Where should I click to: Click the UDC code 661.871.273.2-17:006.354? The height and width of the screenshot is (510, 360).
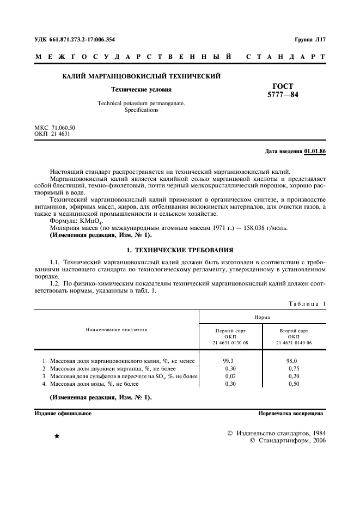tap(83, 40)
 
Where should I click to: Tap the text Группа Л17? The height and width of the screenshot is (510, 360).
tap(310, 40)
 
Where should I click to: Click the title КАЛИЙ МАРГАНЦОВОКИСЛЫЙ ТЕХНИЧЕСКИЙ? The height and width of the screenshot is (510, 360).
tap(142, 76)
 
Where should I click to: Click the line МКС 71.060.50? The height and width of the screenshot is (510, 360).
tap(55, 127)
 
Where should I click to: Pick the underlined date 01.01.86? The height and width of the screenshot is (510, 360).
tap(315, 151)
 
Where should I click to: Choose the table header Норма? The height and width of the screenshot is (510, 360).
tap(262, 316)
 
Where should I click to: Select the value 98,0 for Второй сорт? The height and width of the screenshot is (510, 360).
tap(292, 361)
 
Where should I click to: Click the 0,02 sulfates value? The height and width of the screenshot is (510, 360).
tap(230, 376)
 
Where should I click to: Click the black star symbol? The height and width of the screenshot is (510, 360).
tap(57, 436)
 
